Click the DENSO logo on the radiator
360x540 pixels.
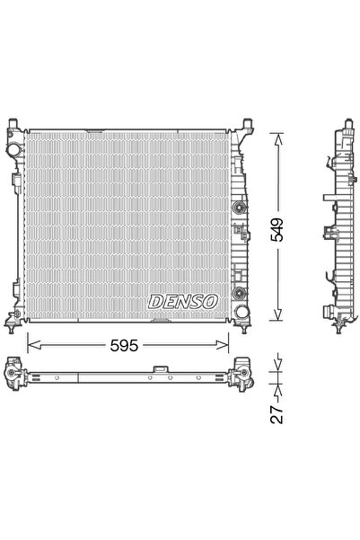click(x=182, y=302)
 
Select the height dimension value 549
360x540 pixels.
click(x=279, y=230)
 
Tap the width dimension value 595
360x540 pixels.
click(x=127, y=343)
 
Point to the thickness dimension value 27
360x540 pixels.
click(x=279, y=414)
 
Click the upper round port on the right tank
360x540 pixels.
click(x=238, y=208)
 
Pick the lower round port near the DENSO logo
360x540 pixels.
click(x=238, y=293)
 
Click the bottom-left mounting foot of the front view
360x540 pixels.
click(x=15, y=319)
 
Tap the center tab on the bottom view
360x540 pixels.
click(x=160, y=368)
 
